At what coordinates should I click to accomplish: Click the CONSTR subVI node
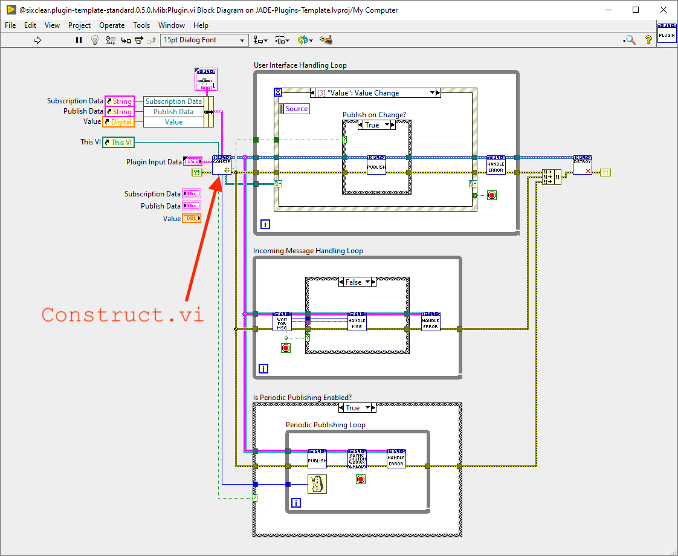[221, 165]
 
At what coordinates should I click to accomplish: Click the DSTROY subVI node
[583, 165]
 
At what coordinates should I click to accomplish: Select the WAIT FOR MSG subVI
[282, 322]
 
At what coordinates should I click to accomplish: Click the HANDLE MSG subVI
[357, 322]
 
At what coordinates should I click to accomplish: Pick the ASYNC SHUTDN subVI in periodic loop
[357, 459]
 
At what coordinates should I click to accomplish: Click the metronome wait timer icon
[317, 484]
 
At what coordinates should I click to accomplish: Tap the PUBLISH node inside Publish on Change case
[376, 165]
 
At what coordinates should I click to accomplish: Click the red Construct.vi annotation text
[123, 315]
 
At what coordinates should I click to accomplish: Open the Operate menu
[112, 25]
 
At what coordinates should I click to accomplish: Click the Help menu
[201, 25]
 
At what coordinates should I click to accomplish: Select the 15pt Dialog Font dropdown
[204, 40]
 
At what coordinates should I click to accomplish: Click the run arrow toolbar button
[37, 40]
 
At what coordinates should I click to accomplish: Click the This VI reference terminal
[118, 142]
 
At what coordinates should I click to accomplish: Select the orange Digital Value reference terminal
[118, 122]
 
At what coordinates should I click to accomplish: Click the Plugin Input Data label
[153, 162]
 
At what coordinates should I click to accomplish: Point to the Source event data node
[296, 109]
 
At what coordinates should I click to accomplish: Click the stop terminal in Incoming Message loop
[286, 347]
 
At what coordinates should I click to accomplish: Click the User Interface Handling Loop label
[300, 65]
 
